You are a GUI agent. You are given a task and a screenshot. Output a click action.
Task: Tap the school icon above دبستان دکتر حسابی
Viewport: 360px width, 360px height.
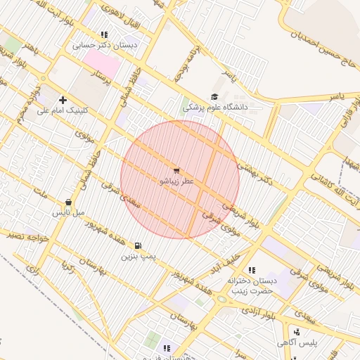pos(104,34)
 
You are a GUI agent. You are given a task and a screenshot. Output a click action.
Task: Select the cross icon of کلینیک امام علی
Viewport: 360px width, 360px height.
pos(63,100)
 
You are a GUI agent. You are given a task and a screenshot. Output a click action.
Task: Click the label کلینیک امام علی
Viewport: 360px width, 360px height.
pos(63,110)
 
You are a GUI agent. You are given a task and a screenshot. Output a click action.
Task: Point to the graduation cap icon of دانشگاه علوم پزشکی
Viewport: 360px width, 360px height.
pos(214,97)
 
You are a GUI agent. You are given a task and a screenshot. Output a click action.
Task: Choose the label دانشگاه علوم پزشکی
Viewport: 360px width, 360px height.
pos(216,108)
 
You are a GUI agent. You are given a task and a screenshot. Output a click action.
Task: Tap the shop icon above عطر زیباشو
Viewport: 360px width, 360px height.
pos(176,170)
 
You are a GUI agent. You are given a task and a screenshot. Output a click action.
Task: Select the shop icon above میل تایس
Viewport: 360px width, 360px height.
pos(67,202)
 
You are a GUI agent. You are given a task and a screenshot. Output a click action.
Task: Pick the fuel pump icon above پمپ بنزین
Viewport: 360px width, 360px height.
pos(137,246)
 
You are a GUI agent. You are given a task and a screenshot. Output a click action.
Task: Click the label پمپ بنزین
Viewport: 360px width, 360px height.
pos(137,257)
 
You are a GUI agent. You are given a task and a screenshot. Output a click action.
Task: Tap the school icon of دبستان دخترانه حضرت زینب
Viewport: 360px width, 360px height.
pos(252,270)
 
